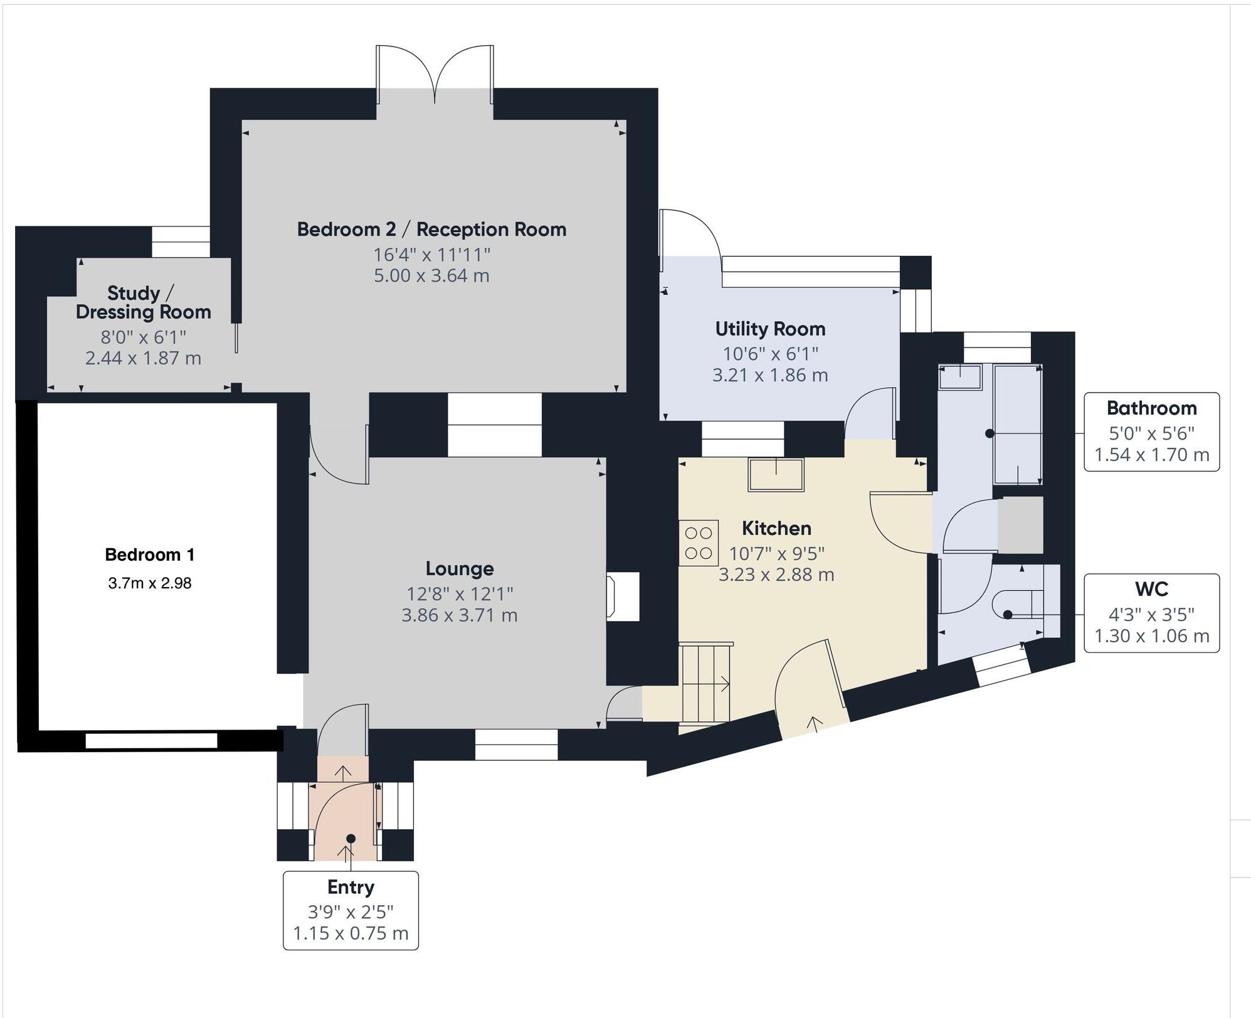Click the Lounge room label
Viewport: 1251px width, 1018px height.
click(460, 569)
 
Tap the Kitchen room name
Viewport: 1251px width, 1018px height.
click(776, 529)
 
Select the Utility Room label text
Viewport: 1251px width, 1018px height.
click(770, 329)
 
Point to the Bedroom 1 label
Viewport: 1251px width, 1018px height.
click(150, 554)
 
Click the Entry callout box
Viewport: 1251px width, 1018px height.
click(351, 910)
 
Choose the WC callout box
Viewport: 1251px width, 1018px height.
click(1151, 613)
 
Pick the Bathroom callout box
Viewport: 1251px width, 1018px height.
click(1151, 432)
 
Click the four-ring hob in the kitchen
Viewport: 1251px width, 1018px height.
click(699, 543)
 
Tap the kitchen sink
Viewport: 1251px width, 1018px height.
click(776, 475)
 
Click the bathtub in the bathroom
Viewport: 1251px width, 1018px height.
click(1017, 425)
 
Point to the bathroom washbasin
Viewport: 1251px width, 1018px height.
click(959, 378)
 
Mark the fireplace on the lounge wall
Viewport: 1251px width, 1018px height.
click(623, 596)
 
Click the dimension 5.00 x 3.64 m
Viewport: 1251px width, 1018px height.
click(431, 276)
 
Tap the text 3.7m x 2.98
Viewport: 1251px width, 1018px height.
click(150, 583)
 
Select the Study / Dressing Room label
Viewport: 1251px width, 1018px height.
click(143, 302)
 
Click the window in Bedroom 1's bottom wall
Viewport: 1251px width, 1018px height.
click(151, 741)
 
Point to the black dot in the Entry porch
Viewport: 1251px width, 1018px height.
click(351, 839)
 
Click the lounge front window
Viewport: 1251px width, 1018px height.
click(516, 745)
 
